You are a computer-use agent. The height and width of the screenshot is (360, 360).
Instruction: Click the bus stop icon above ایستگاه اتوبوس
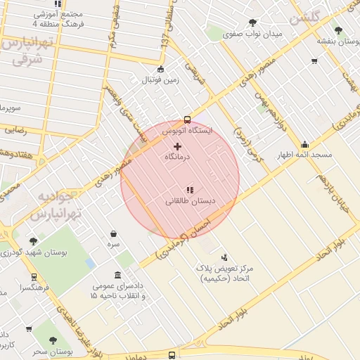[187, 119]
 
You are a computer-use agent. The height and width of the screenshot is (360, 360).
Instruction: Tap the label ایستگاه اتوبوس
[186, 131]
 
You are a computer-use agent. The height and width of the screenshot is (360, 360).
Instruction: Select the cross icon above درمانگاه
[177, 146]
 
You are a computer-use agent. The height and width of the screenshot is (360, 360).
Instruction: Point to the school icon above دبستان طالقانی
[189, 190]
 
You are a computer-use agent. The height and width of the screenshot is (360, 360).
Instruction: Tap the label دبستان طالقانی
[189, 201]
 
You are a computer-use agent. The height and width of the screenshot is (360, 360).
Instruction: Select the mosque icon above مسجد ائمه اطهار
[304, 144]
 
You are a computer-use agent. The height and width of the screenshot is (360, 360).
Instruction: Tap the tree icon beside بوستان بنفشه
[339, 30]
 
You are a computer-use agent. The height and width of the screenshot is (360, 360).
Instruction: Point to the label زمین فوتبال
[162, 79]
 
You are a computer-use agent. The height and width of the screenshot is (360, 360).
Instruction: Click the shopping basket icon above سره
[113, 233]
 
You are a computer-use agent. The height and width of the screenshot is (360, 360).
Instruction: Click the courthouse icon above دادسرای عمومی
[117, 276]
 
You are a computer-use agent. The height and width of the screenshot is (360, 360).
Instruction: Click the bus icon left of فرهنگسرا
[33, 277]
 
